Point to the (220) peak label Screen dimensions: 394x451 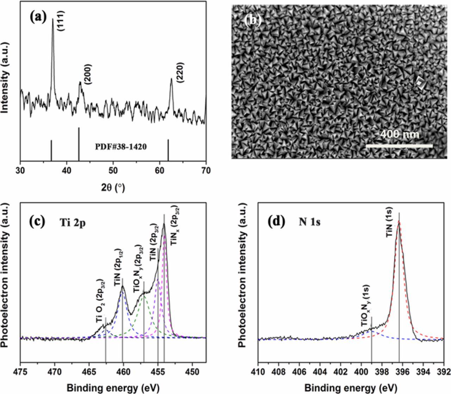pyautogui.click(x=181, y=73)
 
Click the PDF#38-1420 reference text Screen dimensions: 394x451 pyautogui.click(x=121, y=146)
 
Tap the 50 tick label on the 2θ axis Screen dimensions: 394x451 pyautogui.click(x=113, y=170)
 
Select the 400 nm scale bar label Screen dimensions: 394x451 pyautogui.click(x=400, y=134)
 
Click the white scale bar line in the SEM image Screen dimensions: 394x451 pyautogui.click(x=399, y=145)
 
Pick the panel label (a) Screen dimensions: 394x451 pyautogui.click(x=38, y=16)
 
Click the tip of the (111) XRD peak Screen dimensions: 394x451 pyautogui.click(x=53, y=19)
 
